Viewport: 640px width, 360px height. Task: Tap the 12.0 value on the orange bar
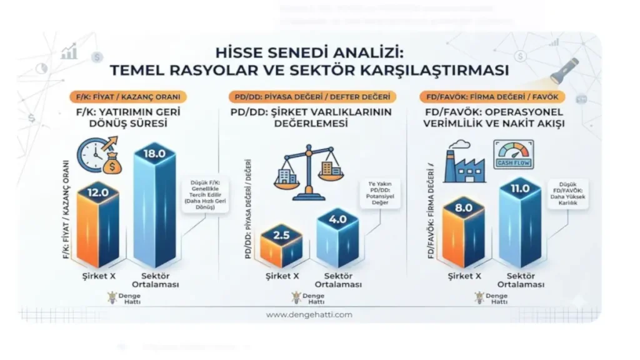click(x=97, y=194)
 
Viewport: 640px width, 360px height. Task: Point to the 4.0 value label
click(x=337, y=220)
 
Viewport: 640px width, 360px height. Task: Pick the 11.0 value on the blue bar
click(x=520, y=187)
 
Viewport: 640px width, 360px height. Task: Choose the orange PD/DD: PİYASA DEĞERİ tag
click(x=312, y=97)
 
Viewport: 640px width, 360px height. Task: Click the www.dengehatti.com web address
click(x=309, y=315)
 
